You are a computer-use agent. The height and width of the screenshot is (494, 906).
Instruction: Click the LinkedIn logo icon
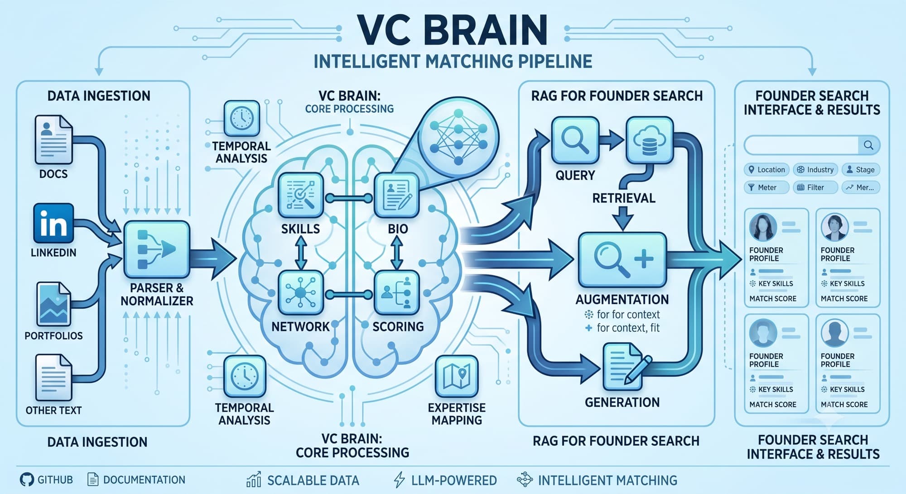coord(53,223)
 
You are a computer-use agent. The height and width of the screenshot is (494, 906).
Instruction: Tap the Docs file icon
coord(53,139)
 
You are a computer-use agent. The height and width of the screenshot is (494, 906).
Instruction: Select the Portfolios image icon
coord(53,303)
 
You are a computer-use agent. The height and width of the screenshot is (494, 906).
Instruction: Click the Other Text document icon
coord(53,377)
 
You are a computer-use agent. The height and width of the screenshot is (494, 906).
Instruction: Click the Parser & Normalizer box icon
coord(156,249)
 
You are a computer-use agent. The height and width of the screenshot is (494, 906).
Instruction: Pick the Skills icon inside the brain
coord(300,196)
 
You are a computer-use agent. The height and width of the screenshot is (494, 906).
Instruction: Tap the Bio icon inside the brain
coord(397,196)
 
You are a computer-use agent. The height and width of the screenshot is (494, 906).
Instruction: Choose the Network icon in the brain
coord(300,293)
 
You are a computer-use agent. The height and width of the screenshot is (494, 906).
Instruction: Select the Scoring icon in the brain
coord(397,293)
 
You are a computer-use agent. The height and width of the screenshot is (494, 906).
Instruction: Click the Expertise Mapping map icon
coord(457,376)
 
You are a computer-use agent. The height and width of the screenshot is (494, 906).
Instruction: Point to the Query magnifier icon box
coord(575,140)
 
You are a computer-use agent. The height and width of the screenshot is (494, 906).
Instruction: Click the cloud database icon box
coord(650,140)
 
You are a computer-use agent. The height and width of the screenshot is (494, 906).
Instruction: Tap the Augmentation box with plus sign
coord(622,260)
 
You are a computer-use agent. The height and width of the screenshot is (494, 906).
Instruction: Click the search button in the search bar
coord(868,145)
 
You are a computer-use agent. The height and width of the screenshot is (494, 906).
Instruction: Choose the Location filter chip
coord(766,170)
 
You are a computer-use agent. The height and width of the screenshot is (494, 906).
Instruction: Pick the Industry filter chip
coord(815,170)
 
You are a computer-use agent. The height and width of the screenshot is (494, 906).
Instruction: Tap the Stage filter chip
coord(861,170)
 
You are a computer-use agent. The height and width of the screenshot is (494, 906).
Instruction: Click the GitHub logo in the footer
coord(27,480)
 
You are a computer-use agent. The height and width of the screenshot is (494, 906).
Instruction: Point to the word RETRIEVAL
coord(624,198)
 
